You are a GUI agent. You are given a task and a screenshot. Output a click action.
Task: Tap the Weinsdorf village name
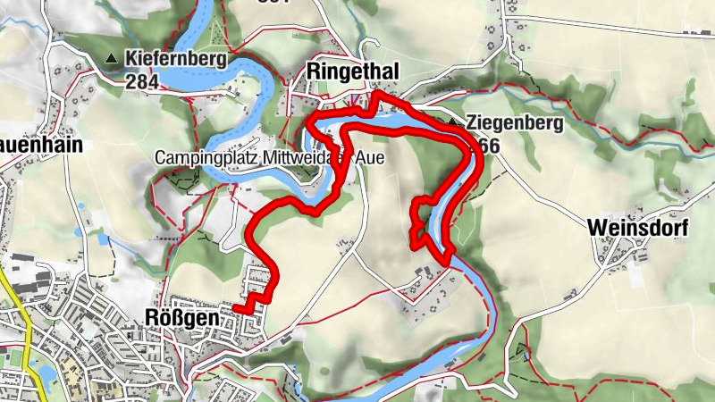[638, 229]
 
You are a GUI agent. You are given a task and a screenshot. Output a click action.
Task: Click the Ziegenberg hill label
[514, 122]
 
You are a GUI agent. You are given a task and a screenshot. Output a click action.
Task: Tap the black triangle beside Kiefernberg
[112, 60]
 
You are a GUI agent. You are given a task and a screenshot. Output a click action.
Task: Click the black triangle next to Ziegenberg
[453, 122]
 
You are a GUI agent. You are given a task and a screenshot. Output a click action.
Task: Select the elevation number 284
[142, 82]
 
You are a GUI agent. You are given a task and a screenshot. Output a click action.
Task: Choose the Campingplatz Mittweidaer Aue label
[263, 157]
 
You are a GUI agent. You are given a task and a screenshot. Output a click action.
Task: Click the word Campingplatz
[199, 157]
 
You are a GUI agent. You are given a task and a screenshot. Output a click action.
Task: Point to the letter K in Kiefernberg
[131, 60]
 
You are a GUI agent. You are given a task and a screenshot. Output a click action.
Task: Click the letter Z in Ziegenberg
[470, 122]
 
